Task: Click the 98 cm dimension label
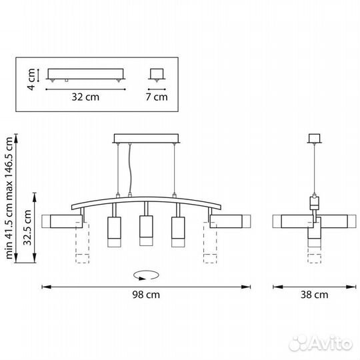[146, 295]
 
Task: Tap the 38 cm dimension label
[314, 295]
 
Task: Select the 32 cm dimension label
[85, 97]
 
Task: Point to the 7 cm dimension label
[157, 97]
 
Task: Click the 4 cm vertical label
[31, 79]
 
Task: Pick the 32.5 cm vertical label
[27, 227]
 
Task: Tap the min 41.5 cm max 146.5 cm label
[9, 198]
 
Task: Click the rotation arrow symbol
[146, 275]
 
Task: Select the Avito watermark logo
[321, 344]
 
